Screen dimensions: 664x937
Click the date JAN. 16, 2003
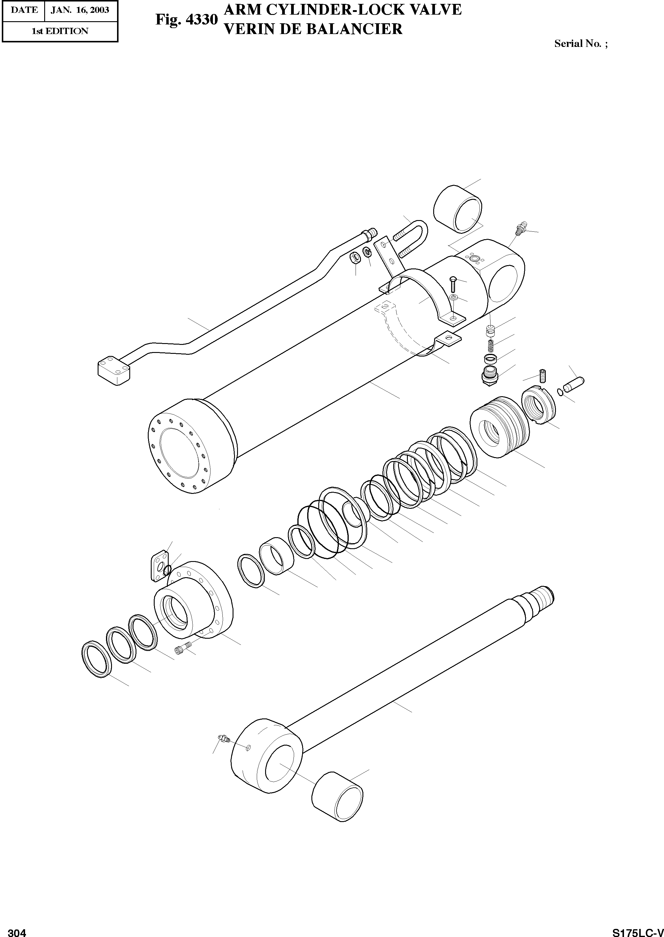tap(80, 10)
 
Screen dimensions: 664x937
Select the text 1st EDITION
tap(60, 31)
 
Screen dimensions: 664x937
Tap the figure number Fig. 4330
tap(186, 20)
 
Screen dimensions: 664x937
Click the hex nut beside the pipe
tap(355, 258)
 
